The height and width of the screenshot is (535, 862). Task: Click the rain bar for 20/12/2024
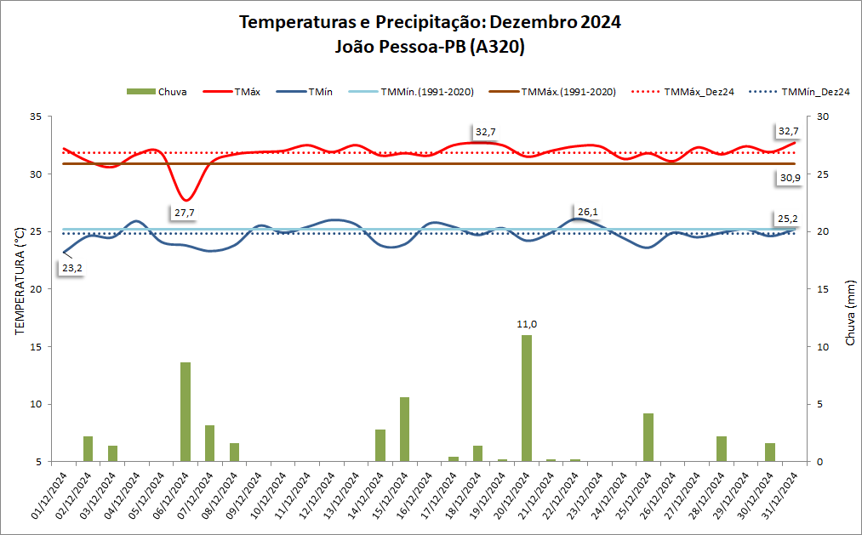[x=527, y=398]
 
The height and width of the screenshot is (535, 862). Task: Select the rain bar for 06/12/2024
[x=185, y=412]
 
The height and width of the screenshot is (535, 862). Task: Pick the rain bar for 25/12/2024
[x=648, y=437]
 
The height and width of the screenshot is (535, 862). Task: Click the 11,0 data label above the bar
[x=527, y=324]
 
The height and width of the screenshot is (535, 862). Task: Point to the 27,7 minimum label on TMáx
[x=184, y=213]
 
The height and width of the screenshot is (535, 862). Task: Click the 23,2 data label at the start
[x=71, y=268]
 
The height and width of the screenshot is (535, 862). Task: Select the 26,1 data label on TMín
[x=588, y=212]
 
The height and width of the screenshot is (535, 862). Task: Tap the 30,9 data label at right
[x=790, y=178]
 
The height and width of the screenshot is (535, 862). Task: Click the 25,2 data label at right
[x=788, y=219]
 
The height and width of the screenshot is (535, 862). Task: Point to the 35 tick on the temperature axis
[x=35, y=117]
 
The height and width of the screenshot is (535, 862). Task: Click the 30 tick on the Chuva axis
[x=823, y=117]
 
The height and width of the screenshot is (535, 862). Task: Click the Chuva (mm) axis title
[x=849, y=313]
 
